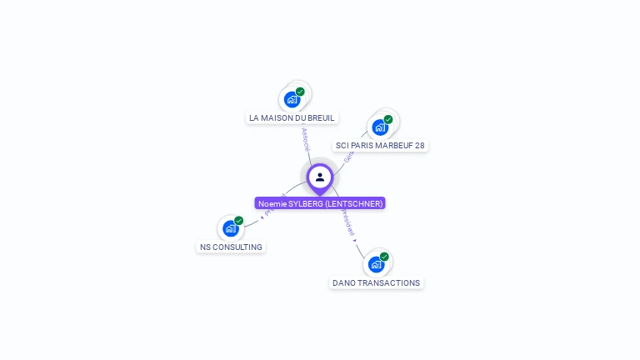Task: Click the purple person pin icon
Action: pyautogui.click(x=320, y=177)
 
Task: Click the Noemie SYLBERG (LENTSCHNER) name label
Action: pyautogui.click(x=320, y=203)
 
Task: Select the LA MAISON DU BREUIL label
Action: pyautogui.click(x=292, y=117)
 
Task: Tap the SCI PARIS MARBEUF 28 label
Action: pyautogui.click(x=380, y=145)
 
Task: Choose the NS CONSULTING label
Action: pyautogui.click(x=231, y=247)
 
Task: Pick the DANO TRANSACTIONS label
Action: pyautogui.click(x=376, y=282)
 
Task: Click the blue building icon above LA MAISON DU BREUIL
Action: pyautogui.click(x=292, y=99)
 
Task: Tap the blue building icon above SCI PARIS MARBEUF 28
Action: pyautogui.click(x=380, y=127)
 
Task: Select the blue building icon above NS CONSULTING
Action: pyautogui.click(x=231, y=228)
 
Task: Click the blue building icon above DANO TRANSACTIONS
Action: pyautogui.click(x=376, y=264)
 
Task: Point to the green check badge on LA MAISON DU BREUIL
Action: pyautogui.click(x=300, y=92)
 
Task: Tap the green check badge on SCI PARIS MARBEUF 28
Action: pyautogui.click(x=388, y=119)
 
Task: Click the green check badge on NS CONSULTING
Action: pyautogui.click(x=239, y=221)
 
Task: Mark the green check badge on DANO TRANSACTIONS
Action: pyautogui.click(x=384, y=257)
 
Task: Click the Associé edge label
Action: pyautogui.click(x=305, y=138)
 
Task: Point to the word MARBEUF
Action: pyautogui.click(x=385, y=145)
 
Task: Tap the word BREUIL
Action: pyautogui.click(x=321, y=117)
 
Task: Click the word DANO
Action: pyautogui.click(x=343, y=282)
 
